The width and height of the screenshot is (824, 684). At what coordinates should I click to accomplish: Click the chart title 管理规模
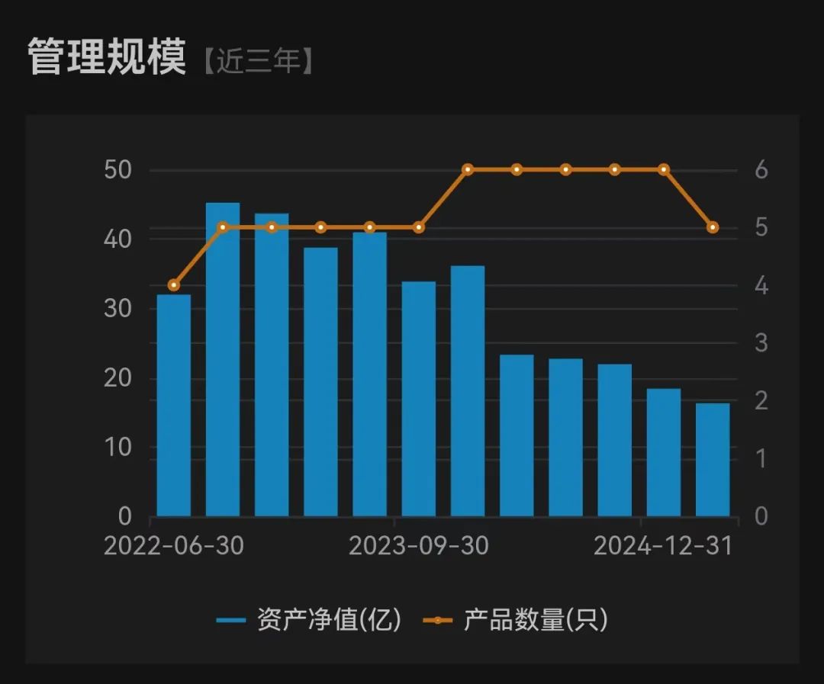click(x=107, y=57)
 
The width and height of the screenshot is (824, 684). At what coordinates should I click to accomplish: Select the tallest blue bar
click(x=223, y=358)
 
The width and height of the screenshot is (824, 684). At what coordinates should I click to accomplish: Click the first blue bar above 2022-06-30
click(x=174, y=404)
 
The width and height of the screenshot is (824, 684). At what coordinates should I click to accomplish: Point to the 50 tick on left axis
click(x=117, y=170)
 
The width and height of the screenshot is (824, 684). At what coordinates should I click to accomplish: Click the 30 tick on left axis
click(x=117, y=309)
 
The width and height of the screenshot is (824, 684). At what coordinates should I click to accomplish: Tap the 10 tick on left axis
click(x=117, y=448)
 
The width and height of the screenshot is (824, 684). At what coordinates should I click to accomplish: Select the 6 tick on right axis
click(x=761, y=170)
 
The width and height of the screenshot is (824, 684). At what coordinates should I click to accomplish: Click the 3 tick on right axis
click(x=761, y=343)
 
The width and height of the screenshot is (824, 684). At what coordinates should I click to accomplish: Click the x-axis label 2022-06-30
click(x=174, y=546)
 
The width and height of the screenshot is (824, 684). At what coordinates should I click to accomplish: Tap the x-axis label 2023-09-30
click(x=419, y=546)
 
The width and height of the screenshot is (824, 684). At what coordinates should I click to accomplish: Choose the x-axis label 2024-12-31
click(x=663, y=546)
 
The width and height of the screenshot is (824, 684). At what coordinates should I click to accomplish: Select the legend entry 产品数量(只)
click(x=517, y=620)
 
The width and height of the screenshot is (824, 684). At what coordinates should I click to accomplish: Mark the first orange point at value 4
click(x=174, y=285)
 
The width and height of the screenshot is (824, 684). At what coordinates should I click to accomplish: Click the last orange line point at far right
click(x=713, y=227)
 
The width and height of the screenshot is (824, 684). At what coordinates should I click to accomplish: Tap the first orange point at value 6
click(x=468, y=169)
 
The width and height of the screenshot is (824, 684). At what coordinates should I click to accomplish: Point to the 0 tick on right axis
click(x=761, y=517)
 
